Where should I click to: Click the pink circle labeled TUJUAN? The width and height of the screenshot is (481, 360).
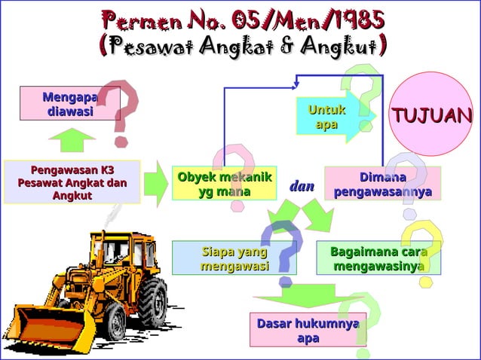click(x=430, y=114)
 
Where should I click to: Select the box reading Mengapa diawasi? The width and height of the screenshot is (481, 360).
click(x=70, y=104)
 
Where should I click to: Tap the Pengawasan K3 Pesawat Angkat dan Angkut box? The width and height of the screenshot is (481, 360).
click(x=72, y=182)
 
